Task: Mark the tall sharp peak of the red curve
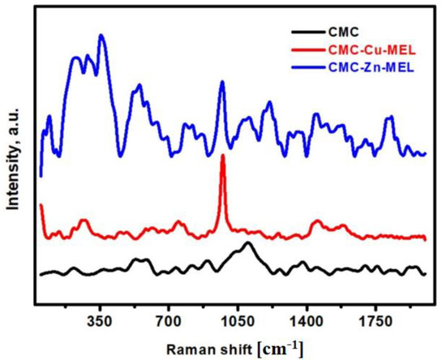[223, 156]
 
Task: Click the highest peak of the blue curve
[101, 36]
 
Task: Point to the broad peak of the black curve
[248, 243]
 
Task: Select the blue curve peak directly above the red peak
[221, 84]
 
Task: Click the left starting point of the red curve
[41, 206]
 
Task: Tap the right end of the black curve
[425, 274]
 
